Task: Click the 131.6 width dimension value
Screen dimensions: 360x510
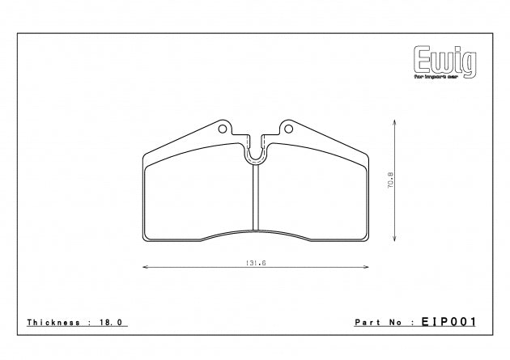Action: [257, 262]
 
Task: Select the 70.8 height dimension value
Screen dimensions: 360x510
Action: [389, 180]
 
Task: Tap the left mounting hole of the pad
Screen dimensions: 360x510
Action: [224, 128]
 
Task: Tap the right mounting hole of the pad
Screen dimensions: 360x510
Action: [287, 128]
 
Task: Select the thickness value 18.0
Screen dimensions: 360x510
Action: [113, 321]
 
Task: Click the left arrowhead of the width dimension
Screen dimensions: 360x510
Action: [145, 267]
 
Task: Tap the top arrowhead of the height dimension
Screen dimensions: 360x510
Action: [394, 121]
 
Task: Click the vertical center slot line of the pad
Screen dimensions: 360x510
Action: [256, 198]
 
